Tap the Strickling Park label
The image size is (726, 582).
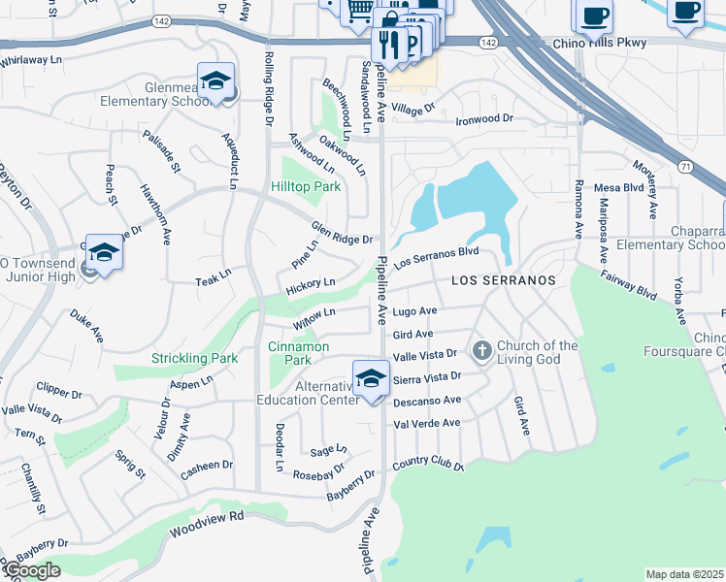tap(195, 358)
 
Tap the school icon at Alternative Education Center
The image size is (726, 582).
tap(371, 378)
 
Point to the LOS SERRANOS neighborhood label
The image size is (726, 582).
tap(504, 280)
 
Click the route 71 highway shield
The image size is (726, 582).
tap(686, 167)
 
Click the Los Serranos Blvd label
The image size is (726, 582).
tap(437, 256)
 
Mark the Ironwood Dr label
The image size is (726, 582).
tap(484, 119)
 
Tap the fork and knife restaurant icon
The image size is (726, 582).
tap(387, 44)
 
